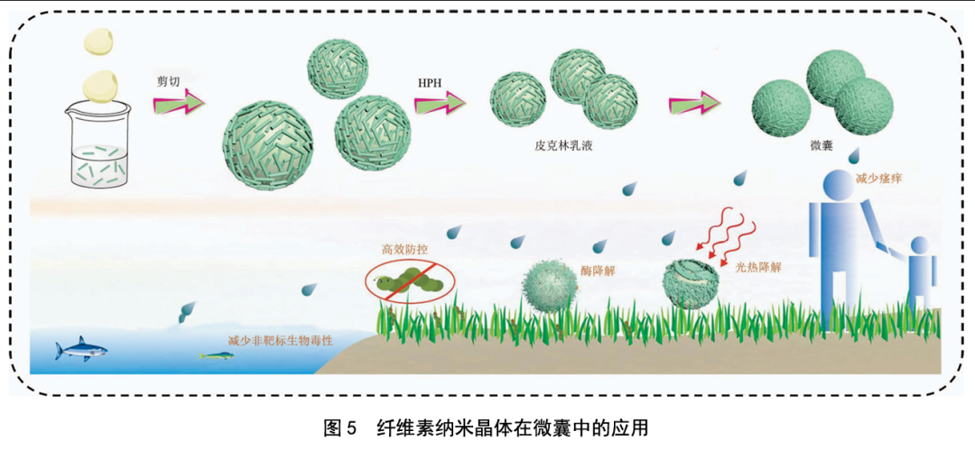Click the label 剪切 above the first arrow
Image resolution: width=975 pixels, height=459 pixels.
click(169, 81)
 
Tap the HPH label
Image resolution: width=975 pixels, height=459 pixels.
click(430, 83)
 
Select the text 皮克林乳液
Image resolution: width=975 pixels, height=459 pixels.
click(561, 144)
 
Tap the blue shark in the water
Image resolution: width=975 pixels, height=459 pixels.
click(79, 350)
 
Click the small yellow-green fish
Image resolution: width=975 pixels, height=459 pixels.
click(217, 354)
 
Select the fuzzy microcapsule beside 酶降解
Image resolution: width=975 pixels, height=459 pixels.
click(550, 286)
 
